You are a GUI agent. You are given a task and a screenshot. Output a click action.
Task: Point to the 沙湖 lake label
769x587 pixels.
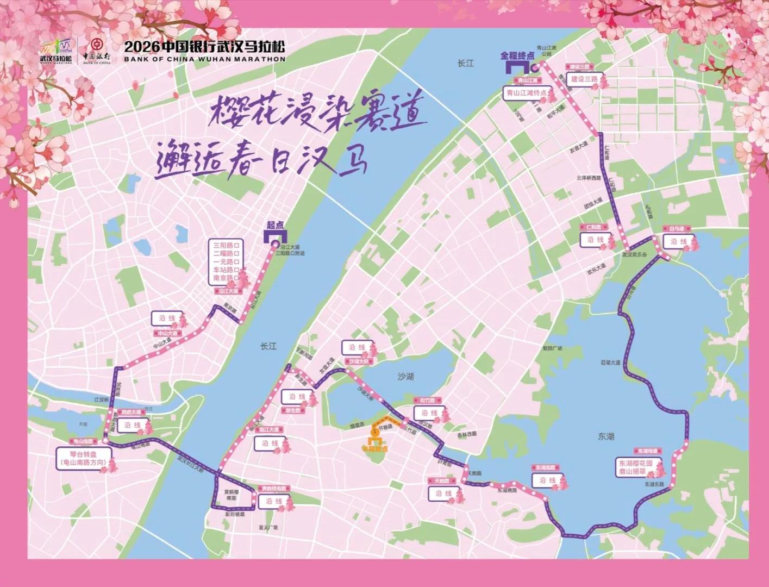click(405, 376)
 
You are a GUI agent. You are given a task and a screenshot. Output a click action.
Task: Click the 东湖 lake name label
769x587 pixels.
click(605, 436)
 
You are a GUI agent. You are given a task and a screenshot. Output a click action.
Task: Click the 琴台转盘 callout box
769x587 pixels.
click(87, 459)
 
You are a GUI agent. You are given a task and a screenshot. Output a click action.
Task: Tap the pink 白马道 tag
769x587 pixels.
click(677, 229)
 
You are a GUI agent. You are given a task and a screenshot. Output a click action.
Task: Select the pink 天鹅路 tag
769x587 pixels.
click(442, 481)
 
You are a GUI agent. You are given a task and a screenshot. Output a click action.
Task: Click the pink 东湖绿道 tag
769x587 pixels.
click(647, 451)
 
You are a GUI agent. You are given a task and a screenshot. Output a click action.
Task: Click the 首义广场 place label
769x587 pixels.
click(268, 527)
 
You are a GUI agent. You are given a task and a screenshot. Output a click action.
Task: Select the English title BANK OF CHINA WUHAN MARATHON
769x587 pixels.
click(204, 59)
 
